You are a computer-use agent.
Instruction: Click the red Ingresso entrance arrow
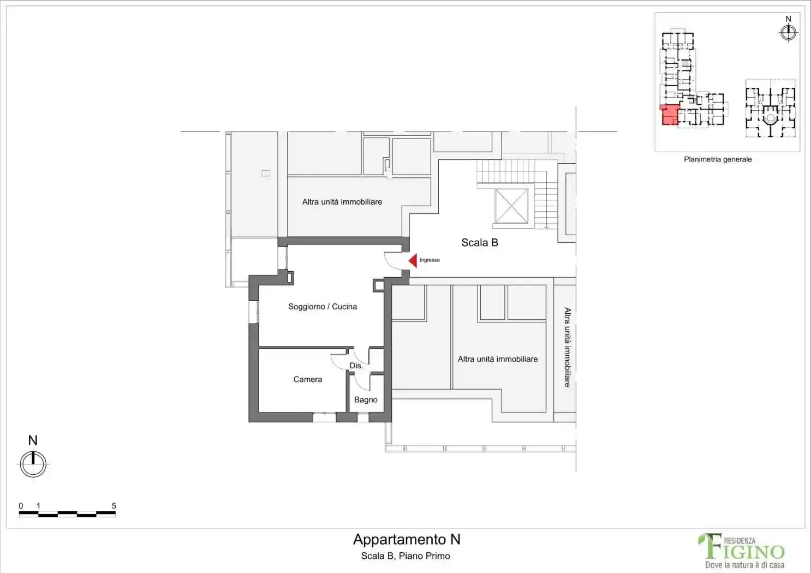coord(413,261)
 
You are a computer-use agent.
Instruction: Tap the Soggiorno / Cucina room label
coord(322,307)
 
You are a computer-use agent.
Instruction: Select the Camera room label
coord(307,379)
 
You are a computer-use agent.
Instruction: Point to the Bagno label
coord(366,399)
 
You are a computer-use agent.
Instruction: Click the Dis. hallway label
coord(356,366)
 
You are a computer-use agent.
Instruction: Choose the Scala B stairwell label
coord(479,242)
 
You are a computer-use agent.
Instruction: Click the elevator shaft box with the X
coord(511,206)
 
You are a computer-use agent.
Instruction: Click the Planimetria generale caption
coord(718,159)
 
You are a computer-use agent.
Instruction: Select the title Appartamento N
coord(407,539)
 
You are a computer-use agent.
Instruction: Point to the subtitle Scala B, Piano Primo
coord(405,556)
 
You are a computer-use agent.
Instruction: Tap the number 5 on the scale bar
coord(114,506)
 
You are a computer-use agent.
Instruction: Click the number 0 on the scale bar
coord(21,506)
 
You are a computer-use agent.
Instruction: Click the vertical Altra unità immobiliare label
coord(567,347)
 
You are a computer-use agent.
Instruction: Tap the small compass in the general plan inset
coord(788,33)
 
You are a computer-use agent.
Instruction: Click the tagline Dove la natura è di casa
coord(745,565)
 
